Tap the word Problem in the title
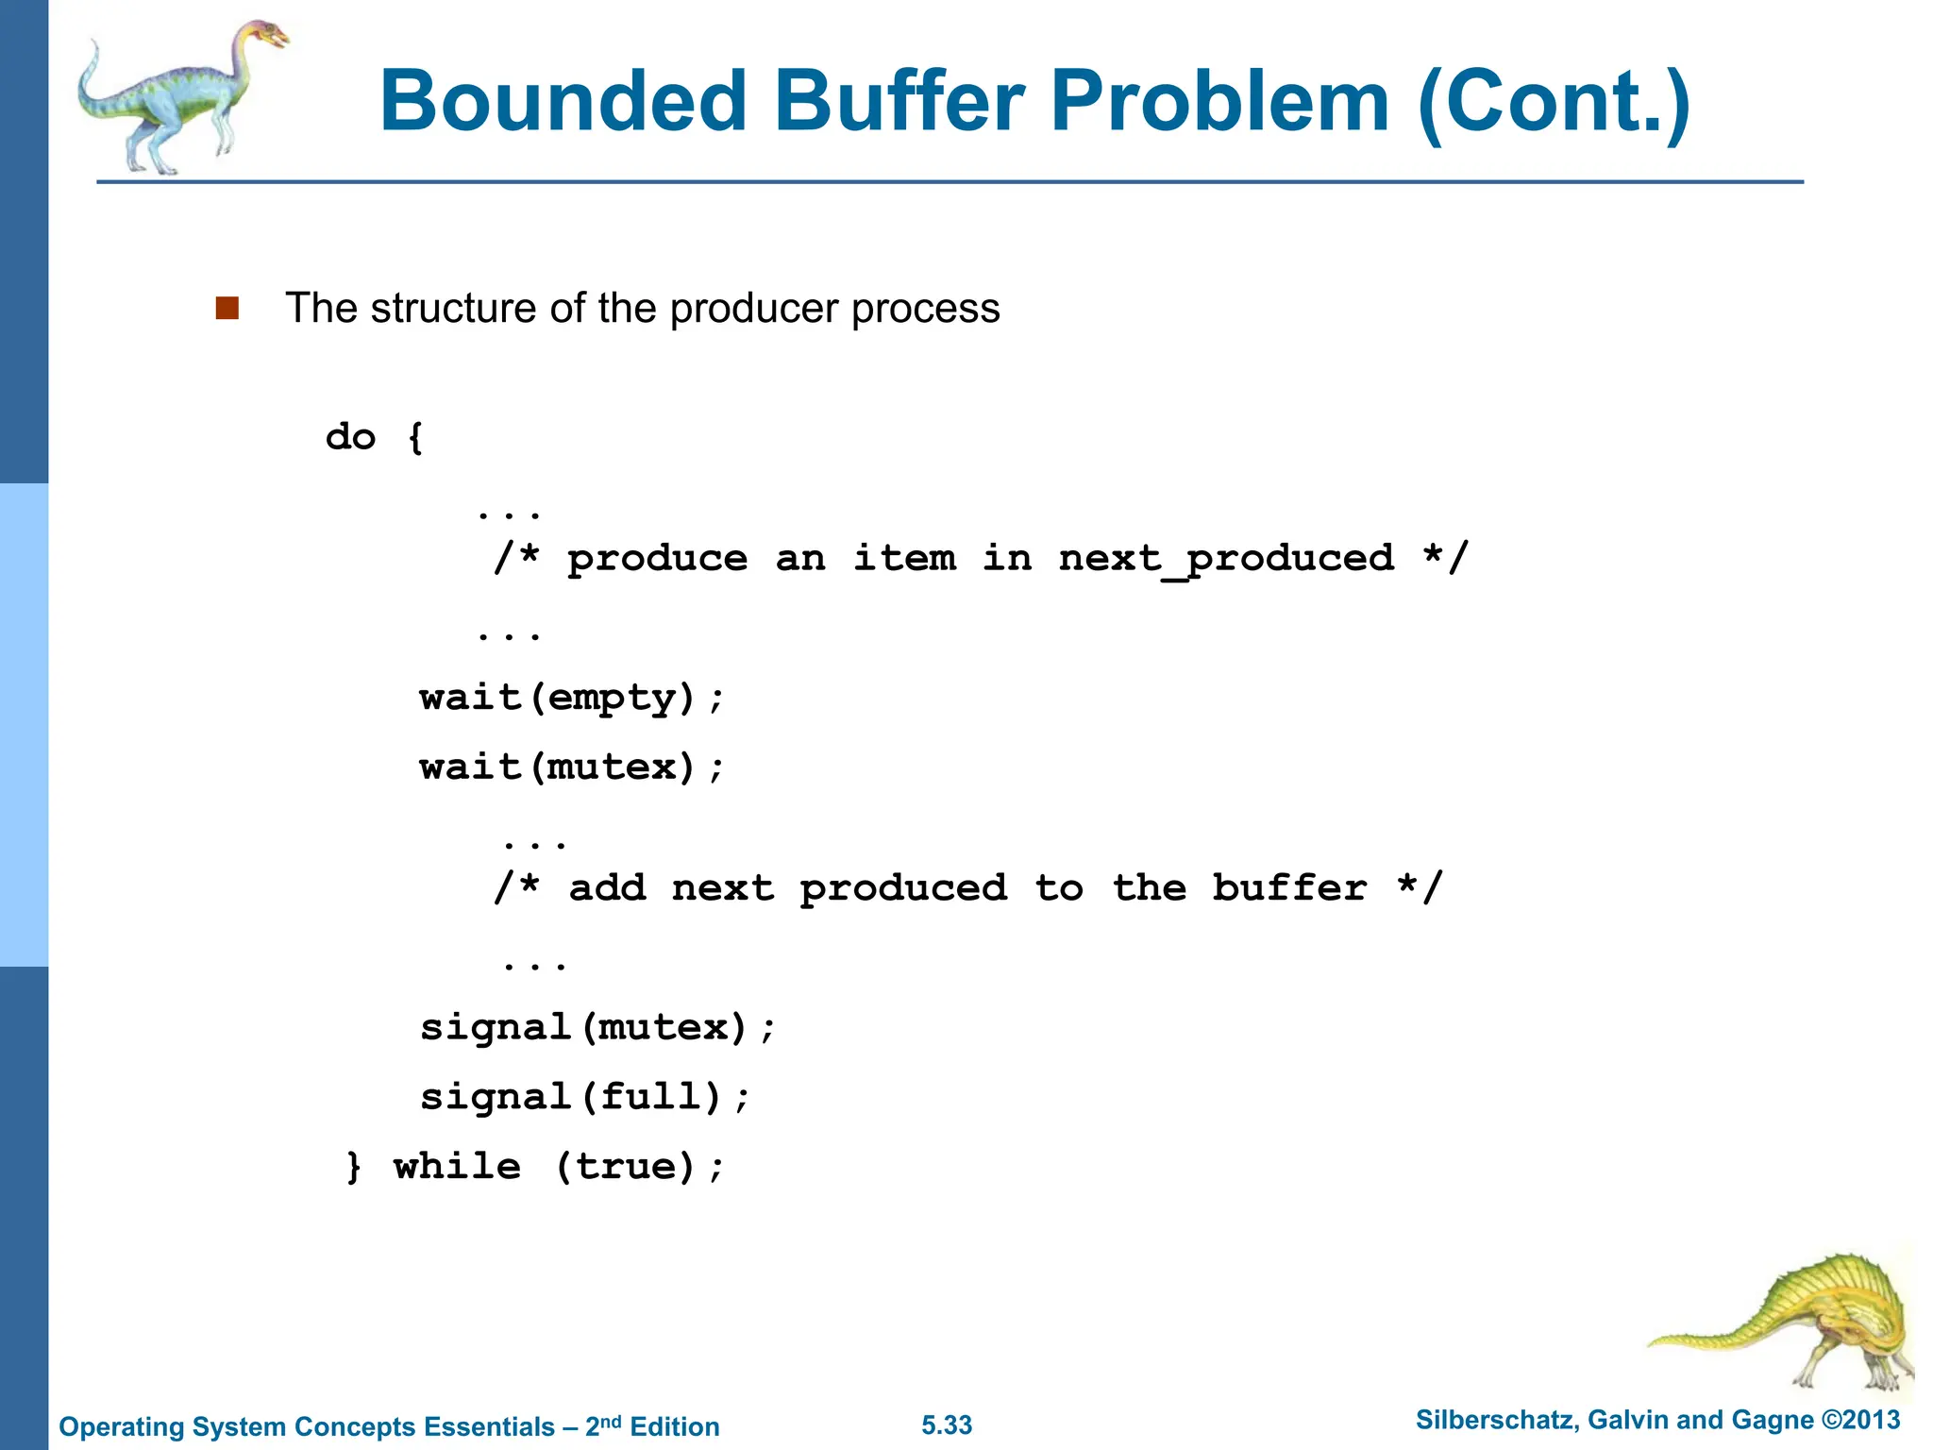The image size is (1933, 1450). tap(1220, 101)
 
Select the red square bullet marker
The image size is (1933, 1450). tap(227, 309)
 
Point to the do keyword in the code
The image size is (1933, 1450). tap(350, 437)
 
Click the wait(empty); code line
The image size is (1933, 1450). tap(572, 699)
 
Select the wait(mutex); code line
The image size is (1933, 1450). tap(572, 767)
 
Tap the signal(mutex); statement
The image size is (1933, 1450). tap(597, 1027)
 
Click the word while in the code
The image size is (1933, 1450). tap(457, 1167)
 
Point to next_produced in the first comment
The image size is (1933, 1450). tap(1226, 559)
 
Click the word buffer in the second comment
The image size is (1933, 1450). tap(1289, 888)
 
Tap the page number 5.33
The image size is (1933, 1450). tap(947, 1425)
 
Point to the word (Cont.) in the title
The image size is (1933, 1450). tap(1554, 101)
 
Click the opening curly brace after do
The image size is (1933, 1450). tap(415, 437)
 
